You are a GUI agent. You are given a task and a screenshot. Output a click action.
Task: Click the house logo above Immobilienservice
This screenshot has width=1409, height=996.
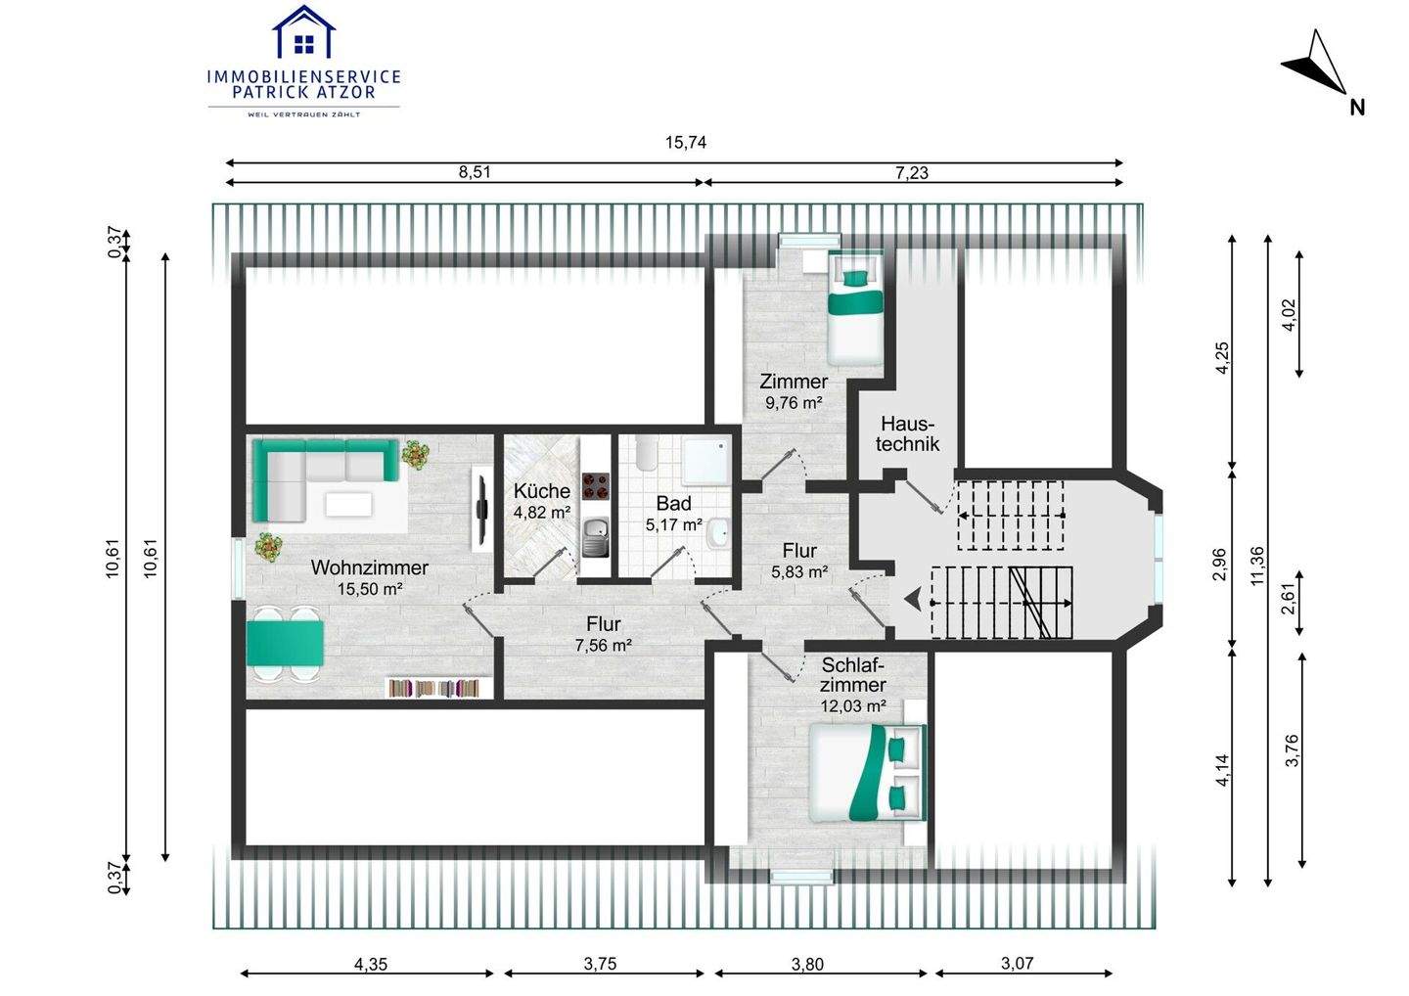303,31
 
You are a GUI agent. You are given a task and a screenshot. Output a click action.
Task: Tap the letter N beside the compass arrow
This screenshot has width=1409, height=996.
1357,109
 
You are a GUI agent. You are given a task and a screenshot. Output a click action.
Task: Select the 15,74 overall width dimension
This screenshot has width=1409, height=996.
686,143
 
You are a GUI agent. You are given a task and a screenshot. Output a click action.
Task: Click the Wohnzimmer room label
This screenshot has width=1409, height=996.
369,567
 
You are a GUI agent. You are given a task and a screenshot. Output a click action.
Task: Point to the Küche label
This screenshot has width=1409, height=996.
542,490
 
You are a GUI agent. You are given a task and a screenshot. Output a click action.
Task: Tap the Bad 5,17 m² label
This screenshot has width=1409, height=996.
673,513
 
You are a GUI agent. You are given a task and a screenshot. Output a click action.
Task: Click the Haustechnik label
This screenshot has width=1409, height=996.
907,433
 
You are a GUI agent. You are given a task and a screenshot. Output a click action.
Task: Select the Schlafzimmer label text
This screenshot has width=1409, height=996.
853,675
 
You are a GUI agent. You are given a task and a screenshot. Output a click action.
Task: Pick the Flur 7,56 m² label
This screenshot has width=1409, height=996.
603,634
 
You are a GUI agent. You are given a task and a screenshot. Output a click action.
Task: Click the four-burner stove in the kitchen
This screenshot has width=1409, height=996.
595,486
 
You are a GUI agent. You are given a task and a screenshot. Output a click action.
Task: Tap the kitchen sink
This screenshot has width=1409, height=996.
595,537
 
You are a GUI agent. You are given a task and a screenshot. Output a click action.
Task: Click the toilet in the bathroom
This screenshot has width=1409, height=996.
646,454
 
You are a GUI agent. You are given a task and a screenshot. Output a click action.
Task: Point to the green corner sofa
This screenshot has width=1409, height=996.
325,479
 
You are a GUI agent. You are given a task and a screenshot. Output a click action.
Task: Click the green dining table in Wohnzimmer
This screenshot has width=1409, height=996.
286,643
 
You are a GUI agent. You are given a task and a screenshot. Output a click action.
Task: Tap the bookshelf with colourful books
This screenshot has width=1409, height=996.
437,688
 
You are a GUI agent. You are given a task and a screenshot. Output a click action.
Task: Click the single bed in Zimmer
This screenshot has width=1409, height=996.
854,309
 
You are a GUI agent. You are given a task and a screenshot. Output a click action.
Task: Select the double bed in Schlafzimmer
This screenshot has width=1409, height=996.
867,773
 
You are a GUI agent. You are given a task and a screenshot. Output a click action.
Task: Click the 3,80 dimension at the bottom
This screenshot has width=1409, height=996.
807,964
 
